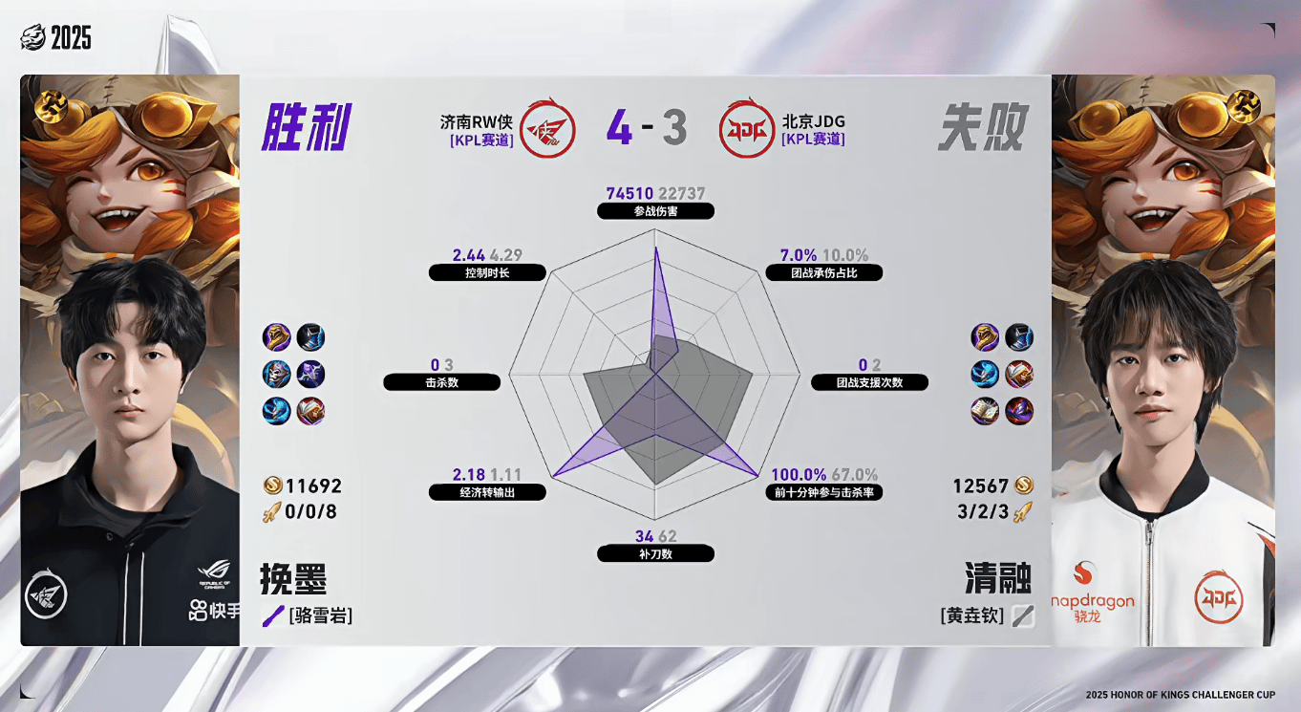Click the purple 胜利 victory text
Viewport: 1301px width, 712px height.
[x=307, y=127]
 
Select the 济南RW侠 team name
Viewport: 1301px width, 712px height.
[x=477, y=121]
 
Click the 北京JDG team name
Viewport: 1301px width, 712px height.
[x=813, y=121]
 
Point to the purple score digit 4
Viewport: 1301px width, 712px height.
[x=619, y=128]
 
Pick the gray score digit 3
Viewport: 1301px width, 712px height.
[x=674, y=128]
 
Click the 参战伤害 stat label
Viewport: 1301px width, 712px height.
[x=655, y=211]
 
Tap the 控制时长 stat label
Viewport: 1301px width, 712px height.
[x=487, y=272]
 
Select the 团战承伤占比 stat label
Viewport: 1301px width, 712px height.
[x=823, y=272]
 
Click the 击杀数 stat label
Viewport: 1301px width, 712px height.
[x=441, y=382]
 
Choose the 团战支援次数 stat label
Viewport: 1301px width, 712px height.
[x=869, y=382]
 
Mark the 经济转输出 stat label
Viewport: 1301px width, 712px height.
[x=487, y=493]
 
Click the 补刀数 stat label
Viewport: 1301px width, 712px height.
[x=655, y=553]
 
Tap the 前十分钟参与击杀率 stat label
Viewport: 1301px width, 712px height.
[x=823, y=493]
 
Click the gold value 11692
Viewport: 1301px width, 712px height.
[x=312, y=486]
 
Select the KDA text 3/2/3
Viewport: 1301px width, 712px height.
[x=983, y=511]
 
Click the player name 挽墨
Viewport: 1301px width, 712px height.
[x=293, y=579]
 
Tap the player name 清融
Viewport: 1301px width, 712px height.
[x=998, y=579]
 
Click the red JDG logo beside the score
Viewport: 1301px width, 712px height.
[x=746, y=128]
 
